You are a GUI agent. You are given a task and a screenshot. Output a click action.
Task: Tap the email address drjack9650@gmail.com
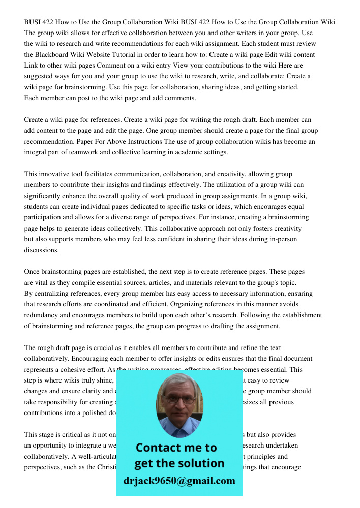(x=179, y=481)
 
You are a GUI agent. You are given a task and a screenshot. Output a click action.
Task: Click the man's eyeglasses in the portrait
(x=179, y=399)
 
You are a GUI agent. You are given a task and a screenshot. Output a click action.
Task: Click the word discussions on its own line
(x=42, y=250)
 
